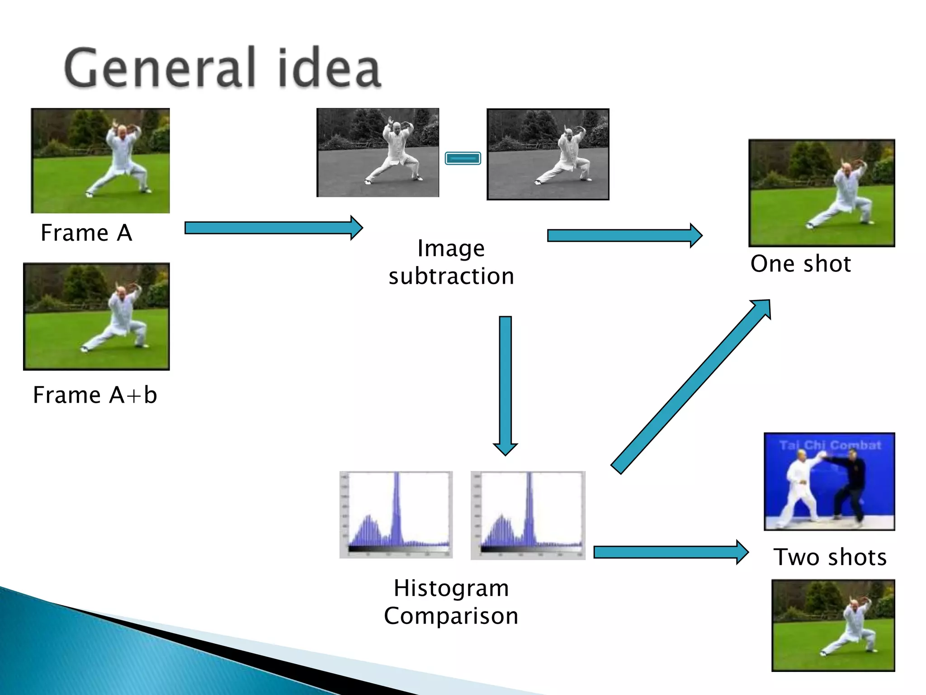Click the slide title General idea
[222, 68]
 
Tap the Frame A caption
[86, 233]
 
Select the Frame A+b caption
[95, 395]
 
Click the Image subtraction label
[451, 262]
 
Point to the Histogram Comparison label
[451, 602]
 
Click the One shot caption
[800, 264]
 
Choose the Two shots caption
[830, 557]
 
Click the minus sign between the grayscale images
[463, 158]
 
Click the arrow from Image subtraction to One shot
[624, 235]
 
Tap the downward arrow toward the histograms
[505, 385]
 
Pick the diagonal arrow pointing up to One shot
[690, 387]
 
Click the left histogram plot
[396, 515]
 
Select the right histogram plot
[528, 515]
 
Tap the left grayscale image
[378, 152]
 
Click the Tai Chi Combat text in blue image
[830, 445]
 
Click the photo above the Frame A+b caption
[96, 316]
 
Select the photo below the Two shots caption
[833, 625]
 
